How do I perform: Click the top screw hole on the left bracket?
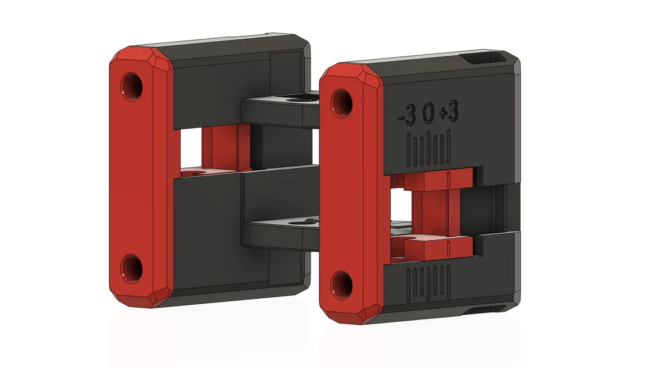pyautogui.click(x=132, y=86)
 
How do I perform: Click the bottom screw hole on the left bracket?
pyautogui.click(x=132, y=268)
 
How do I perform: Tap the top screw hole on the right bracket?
pyautogui.click(x=342, y=103)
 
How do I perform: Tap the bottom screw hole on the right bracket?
pyautogui.click(x=342, y=285)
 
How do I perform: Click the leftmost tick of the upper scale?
pyautogui.click(x=410, y=150)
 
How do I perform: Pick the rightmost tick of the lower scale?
pyautogui.click(x=448, y=282)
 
